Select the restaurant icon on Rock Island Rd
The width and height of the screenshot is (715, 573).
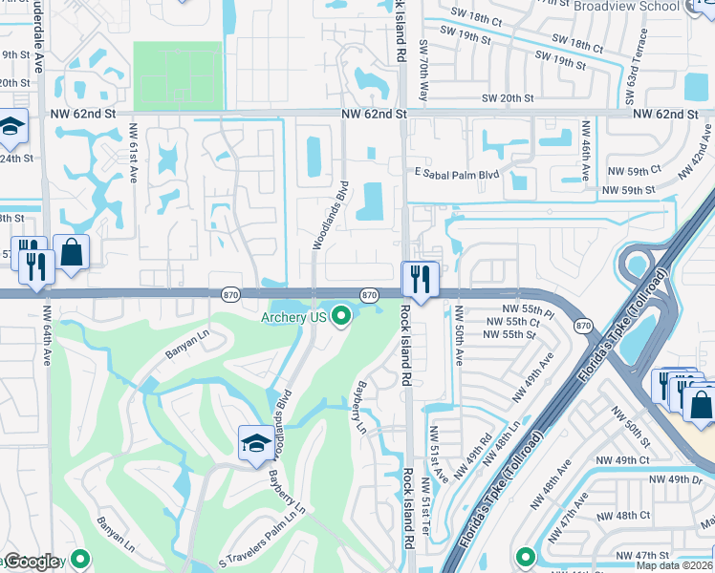pos(420,278)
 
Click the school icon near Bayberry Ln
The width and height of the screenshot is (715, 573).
pos(254,443)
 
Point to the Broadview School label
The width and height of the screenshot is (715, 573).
pos(626,6)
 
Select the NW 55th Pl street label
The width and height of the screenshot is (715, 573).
pos(531,312)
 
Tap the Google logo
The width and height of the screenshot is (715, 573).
pos(32,562)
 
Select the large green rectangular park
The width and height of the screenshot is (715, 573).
pos(177,75)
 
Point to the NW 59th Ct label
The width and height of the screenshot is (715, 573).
pos(630,170)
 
